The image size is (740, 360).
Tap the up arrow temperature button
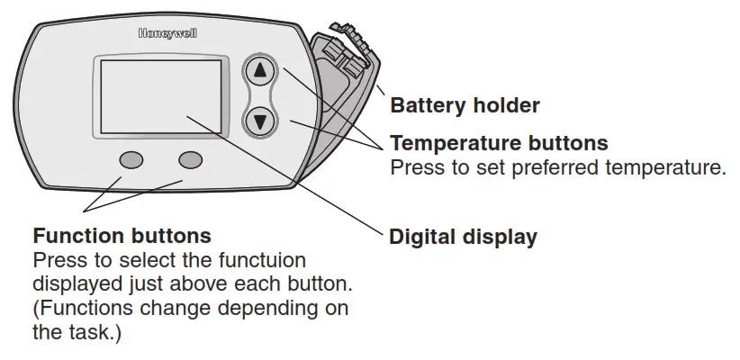pyautogui.click(x=259, y=70)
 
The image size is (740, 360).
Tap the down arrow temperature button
pyautogui.click(x=259, y=120)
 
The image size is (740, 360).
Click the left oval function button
pyautogui.click(x=131, y=159)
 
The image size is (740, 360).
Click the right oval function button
pyautogui.click(x=191, y=159)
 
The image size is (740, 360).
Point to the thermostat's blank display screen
pyautogui.click(x=158, y=98)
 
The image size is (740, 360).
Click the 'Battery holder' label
pyautogui.click(x=465, y=106)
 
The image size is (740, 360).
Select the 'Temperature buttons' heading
pyautogui.click(x=499, y=143)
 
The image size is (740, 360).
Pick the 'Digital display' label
pyautogui.click(x=463, y=238)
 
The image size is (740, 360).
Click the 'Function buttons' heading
pyautogui.click(x=122, y=236)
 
